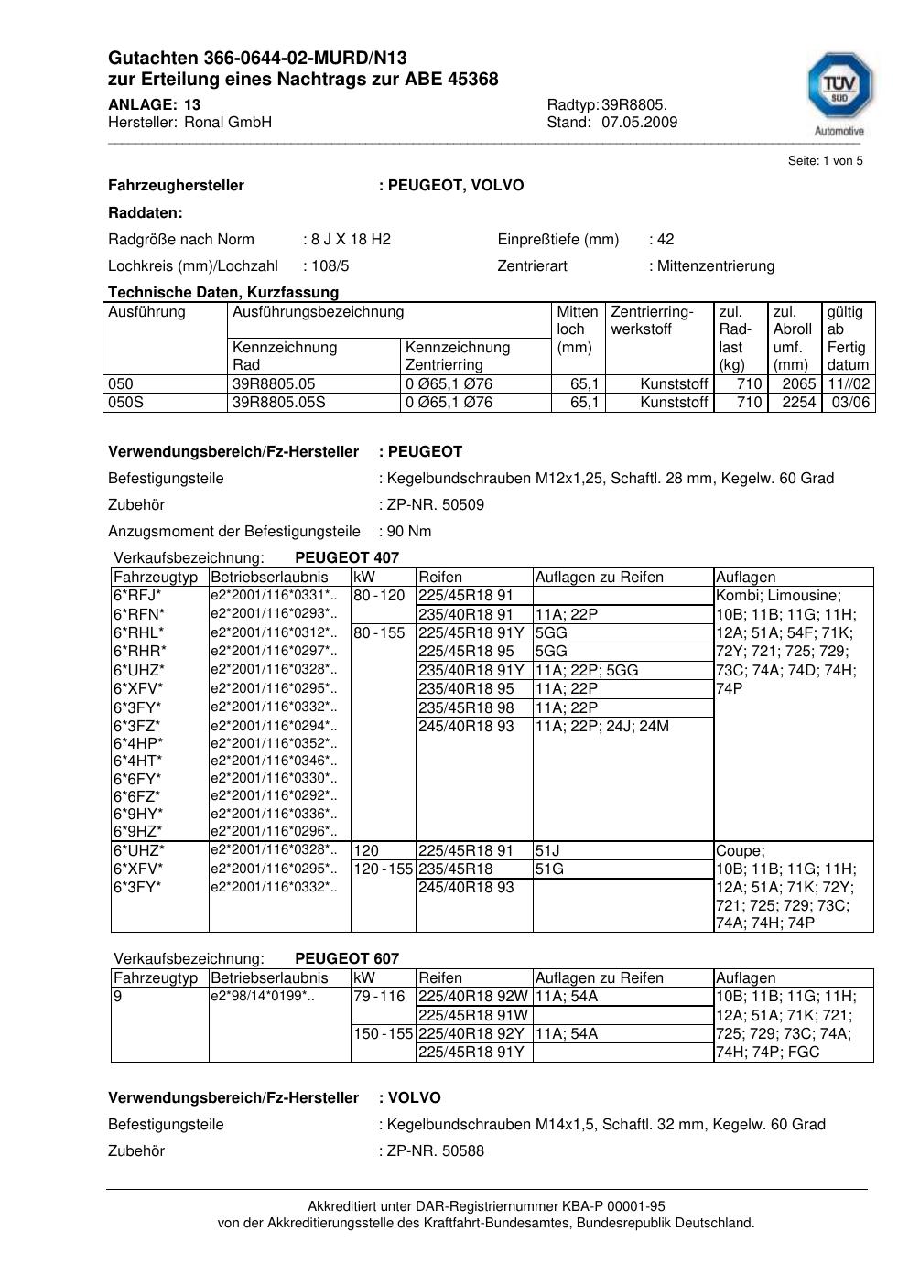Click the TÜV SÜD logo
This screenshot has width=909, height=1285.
839,90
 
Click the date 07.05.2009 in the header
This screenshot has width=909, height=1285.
639,123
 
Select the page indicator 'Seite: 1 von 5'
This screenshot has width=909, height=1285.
825,161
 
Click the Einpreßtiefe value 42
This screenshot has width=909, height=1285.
666,240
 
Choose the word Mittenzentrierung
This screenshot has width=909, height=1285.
715,266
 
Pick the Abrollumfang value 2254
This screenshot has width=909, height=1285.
798,403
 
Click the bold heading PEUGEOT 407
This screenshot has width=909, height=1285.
347,557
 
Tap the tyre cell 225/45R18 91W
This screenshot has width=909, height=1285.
471,1015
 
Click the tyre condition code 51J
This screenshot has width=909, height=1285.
547,850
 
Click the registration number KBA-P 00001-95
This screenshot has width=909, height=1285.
603,1206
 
